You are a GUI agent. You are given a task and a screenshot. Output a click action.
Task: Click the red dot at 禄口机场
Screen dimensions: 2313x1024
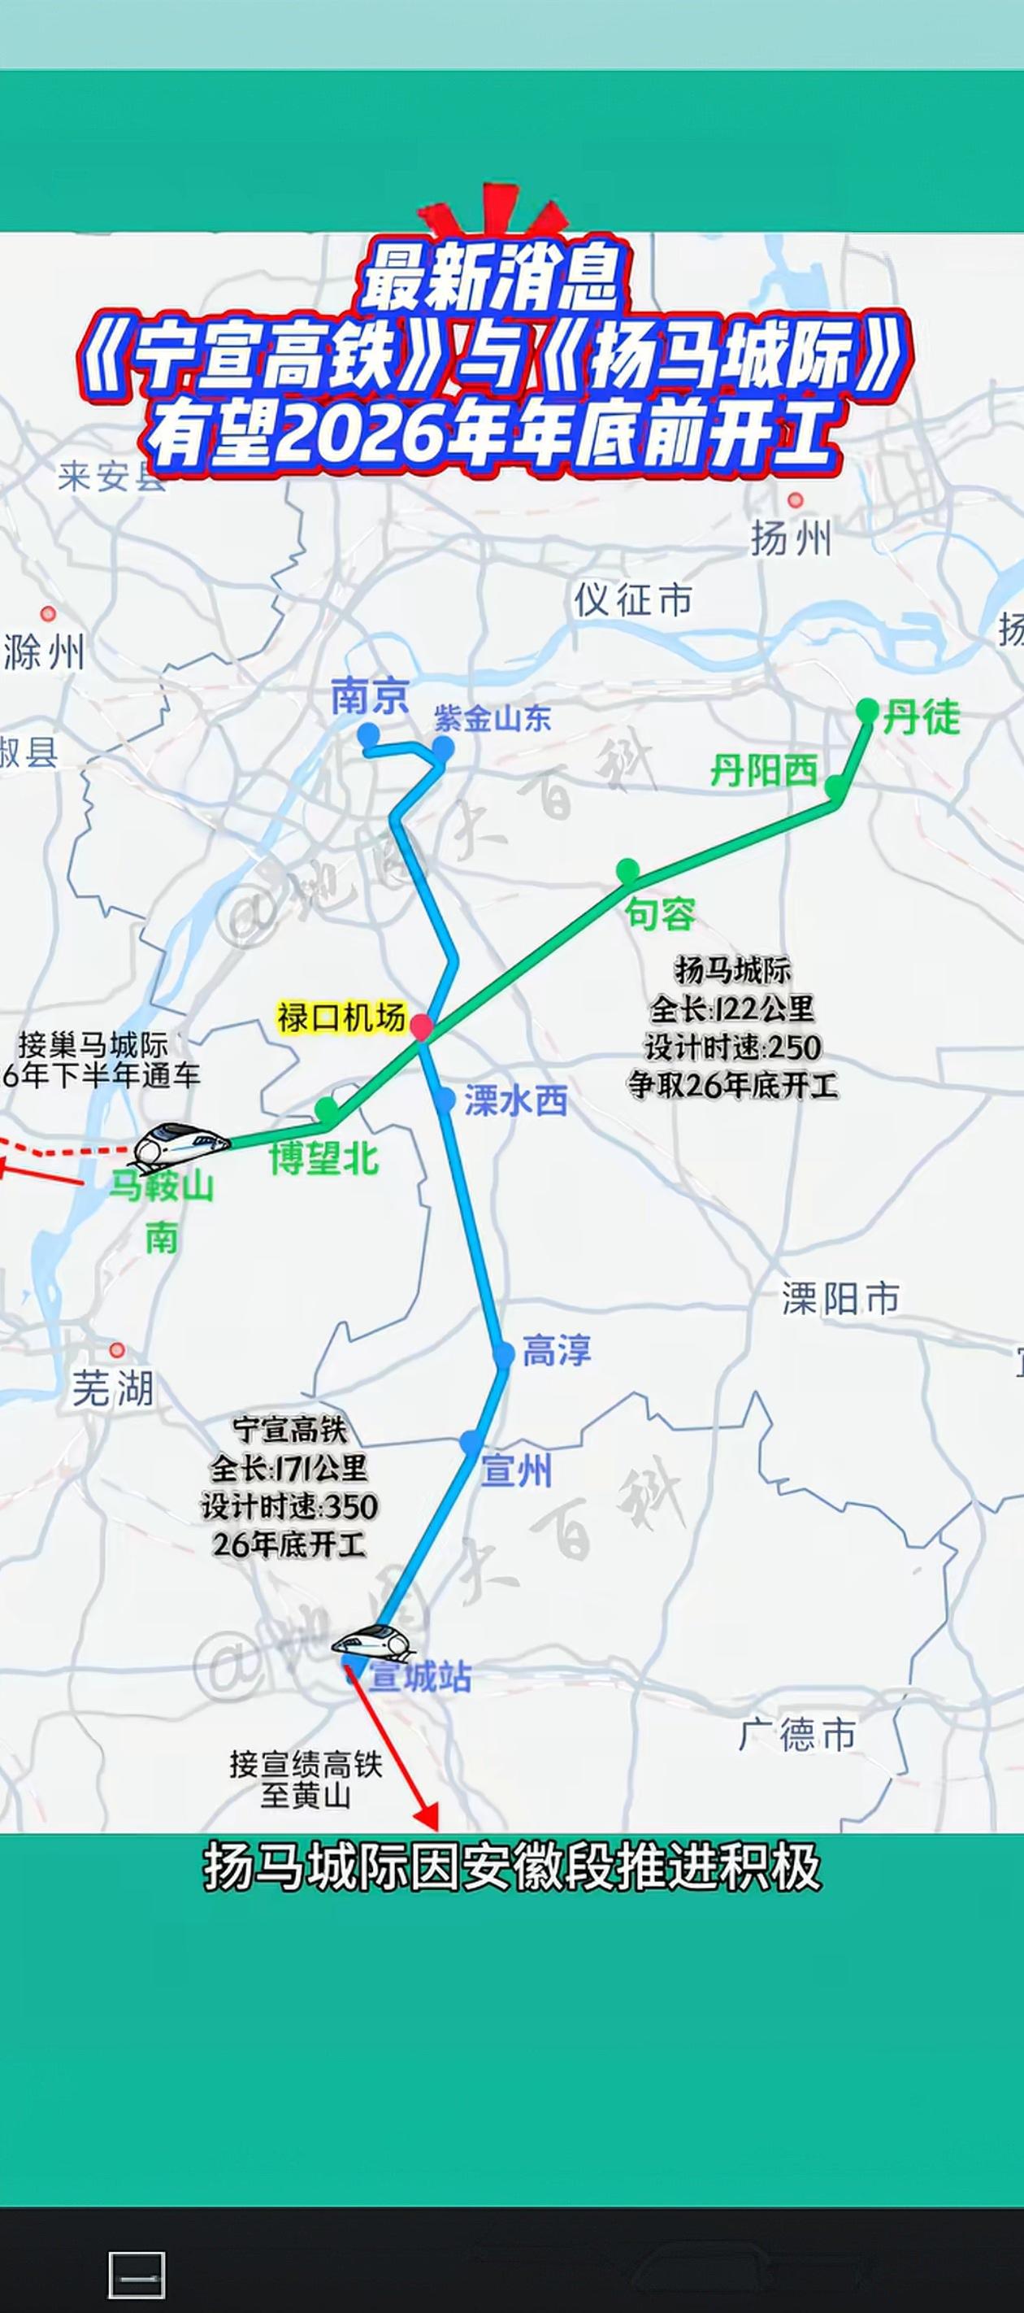[x=422, y=1026]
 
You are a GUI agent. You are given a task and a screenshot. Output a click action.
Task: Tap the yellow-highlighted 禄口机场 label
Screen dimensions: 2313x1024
[x=341, y=1018]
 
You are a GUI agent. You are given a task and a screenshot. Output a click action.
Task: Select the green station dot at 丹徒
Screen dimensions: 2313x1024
[x=867, y=710]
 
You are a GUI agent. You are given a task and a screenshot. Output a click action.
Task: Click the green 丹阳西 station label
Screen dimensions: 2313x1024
[x=764, y=770]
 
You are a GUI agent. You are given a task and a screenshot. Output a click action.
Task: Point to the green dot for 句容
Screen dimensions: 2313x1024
[x=627, y=869]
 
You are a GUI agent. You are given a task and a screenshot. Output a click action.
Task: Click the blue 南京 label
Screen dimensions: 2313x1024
[x=370, y=697]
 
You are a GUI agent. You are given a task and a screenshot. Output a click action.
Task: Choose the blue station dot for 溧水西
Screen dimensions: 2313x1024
[x=445, y=1098]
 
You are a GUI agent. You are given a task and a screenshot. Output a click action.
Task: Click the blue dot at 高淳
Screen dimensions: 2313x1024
[x=504, y=1353]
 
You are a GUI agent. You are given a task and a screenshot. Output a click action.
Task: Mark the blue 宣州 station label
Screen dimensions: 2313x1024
[x=517, y=1470]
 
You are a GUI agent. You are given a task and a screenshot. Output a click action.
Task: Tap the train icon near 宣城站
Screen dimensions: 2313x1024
[x=373, y=1643]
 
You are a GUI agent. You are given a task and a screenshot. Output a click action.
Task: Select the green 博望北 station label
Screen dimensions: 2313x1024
[x=324, y=1159]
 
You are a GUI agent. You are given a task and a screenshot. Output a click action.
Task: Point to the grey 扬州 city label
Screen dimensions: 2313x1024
[x=791, y=538]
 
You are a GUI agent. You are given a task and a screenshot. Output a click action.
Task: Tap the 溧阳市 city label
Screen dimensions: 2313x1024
[x=840, y=1298]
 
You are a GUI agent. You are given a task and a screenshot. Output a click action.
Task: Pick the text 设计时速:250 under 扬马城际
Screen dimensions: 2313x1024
[x=733, y=1047]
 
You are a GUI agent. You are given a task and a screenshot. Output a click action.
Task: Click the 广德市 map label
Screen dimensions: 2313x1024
[x=797, y=1734]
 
